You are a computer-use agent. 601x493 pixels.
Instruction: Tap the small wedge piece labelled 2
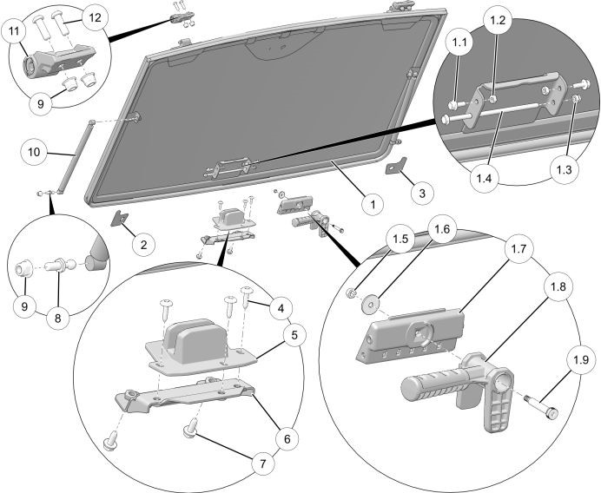pos(119,218)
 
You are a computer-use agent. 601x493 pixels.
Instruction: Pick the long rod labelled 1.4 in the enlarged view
pos(504,110)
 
